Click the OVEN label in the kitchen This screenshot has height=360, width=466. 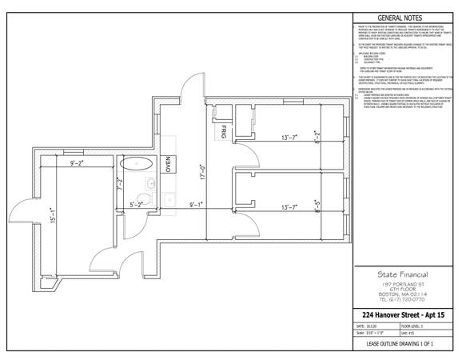pos(169,163)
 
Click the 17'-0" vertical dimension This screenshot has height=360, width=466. pos(204,173)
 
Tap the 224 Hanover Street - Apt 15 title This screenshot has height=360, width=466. pos(405,315)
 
